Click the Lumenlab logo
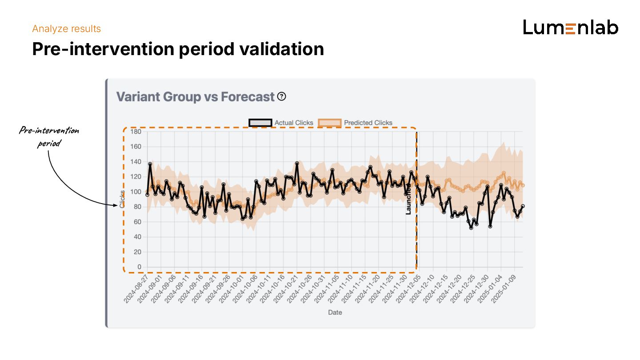coord(571,28)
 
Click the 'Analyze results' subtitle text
coord(67,29)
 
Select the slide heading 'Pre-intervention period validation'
coord(178,49)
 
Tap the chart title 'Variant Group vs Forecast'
coord(195,97)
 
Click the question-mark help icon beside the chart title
coord(281,96)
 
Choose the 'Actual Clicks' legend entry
coord(281,123)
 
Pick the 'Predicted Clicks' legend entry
coord(356,123)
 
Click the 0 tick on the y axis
coord(139,267)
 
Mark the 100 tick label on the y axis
coord(136,192)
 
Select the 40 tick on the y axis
coord(137,237)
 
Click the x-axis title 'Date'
coord(335,312)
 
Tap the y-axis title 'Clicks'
coord(122,199)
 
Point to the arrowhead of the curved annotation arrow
coord(116,204)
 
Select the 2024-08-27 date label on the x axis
coord(136,289)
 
